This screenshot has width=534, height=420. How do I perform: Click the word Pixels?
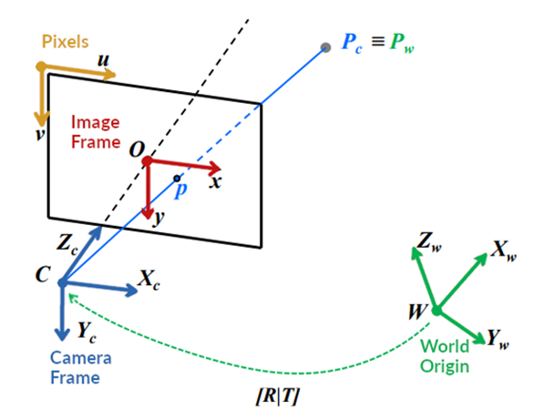tap(65, 42)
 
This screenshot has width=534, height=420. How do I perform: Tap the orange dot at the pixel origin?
tap(41, 66)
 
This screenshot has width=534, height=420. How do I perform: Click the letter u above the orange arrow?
tap(103, 60)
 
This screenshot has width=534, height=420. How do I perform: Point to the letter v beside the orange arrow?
tap(40, 134)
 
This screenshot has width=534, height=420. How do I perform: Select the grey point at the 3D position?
tap(326, 47)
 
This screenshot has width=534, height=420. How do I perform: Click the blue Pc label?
tap(352, 43)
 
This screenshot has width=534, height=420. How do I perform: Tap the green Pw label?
tap(402, 43)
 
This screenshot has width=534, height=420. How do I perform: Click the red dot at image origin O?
tap(147, 161)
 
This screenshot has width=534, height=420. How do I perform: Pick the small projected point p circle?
tap(177, 179)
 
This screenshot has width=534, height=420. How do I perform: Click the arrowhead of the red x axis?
tap(215, 168)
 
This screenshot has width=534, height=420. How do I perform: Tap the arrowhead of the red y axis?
tap(148, 214)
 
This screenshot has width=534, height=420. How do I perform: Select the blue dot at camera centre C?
tap(62, 282)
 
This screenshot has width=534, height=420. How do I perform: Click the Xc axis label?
tap(149, 280)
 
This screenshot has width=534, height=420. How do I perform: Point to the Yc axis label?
tap(87, 333)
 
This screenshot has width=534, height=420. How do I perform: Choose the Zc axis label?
tap(67, 244)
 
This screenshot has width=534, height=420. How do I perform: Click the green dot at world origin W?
tap(436, 311)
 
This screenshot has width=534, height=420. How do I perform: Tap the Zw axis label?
tap(429, 242)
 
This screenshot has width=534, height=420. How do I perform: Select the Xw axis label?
tap(504, 251)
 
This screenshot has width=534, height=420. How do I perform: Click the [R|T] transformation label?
tap(278, 396)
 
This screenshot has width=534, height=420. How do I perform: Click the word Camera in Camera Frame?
tap(81, 358)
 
